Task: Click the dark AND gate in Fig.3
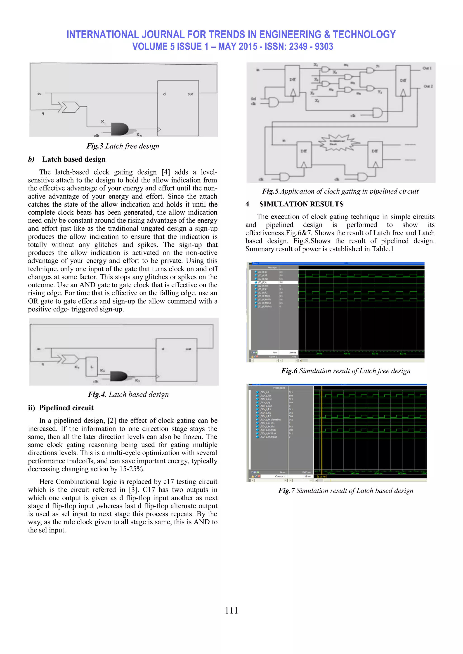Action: point(119,129)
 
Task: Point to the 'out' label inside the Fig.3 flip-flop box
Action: point(190,94)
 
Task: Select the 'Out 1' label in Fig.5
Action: point(427,68)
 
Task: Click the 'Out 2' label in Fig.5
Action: point(428,86)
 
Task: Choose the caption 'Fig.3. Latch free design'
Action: point(123,146)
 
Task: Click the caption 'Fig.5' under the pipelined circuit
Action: point(340,192)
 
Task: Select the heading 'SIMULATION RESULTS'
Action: point(301,204)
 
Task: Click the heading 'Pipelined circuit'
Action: point(66,408)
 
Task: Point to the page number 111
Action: point(231,610)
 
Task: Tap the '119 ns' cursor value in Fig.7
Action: point(307,476)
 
